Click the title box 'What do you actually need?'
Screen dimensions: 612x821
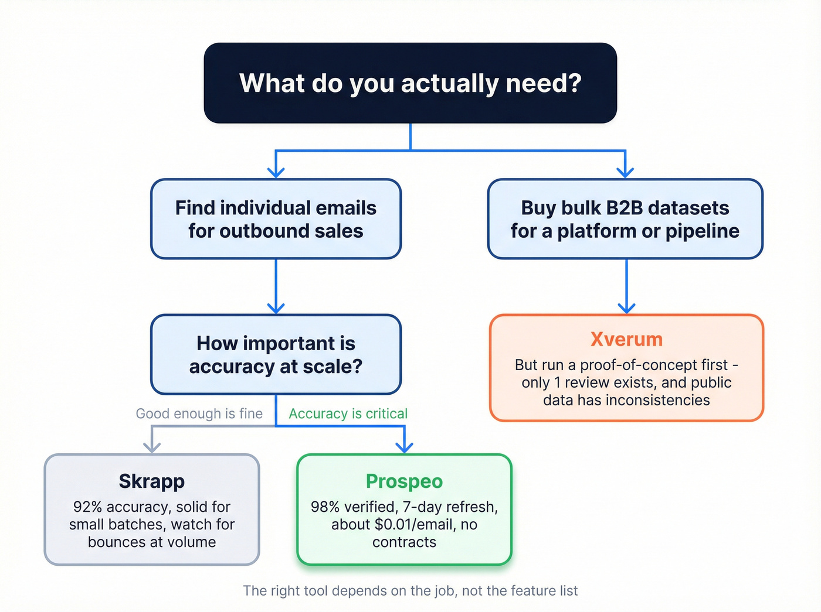[x=410, y=83]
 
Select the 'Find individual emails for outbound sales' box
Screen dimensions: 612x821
[x=276, y=219]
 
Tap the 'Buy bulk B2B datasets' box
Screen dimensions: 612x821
[x=625, y=219]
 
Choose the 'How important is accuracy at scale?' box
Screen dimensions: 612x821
[x=276, y=354]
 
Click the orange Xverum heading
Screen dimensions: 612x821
[x=626, y=339]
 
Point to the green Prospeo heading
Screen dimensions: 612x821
[x=404, y=481]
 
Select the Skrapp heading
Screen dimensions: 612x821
[x=152, y=481]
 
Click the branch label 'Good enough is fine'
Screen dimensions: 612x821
[x=199, y=413]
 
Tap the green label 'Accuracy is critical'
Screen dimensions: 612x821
[x=348, y=413]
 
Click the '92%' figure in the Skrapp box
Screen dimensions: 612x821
[x=88, y=507]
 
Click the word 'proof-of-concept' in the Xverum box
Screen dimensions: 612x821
[x=638, y=365]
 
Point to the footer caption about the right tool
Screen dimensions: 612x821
[x=410, y=590]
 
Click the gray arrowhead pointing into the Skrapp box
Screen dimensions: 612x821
[x=152, y=447]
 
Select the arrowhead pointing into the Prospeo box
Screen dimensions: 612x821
[x=404, y=447]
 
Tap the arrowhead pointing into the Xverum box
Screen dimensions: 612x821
[x=626, y=308]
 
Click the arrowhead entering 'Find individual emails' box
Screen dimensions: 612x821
[x=276, y=172]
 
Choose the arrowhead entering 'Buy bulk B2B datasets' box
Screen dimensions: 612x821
[x=625, y=172]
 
